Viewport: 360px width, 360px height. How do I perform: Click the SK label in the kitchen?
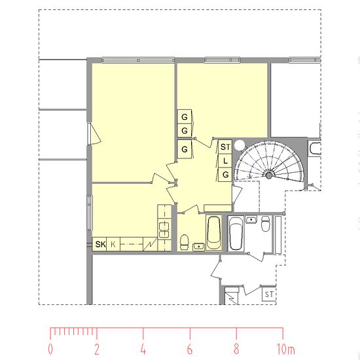tap(100, 244)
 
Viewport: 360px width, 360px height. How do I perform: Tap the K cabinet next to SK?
tap(113, 244)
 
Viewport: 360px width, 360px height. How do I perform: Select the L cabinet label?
tap(225, 161)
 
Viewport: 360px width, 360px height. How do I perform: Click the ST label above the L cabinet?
tap(225, 147)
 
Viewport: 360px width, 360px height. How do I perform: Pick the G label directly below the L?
tap(225, 175)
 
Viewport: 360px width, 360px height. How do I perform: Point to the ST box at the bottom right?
tap(269, 294)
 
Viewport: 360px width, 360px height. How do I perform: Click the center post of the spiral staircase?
tap(269, 175)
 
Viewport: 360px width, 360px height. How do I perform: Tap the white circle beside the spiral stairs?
tap(240, 145)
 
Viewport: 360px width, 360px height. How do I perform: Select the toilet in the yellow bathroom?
tap(185, 242)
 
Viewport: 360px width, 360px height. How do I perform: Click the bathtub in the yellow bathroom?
tap(214, 232)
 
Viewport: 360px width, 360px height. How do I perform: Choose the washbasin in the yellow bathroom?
tap(198, 247)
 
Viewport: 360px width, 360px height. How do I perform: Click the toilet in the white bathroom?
tap(266, 223)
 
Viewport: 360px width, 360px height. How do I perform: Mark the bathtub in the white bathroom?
tap(236, 234)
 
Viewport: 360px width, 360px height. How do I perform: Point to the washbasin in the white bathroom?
tap(251, 219)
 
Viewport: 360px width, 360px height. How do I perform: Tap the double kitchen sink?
tap(164, 230)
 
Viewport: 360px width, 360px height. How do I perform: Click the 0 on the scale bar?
tap(50, 349)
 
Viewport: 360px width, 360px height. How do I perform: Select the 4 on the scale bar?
tap(143, 349)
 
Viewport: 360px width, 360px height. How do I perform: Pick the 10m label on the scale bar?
tap(285, 349)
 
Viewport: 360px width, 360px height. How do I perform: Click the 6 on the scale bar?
tap(190, 349)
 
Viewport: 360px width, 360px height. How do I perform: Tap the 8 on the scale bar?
tap(236, 349)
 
